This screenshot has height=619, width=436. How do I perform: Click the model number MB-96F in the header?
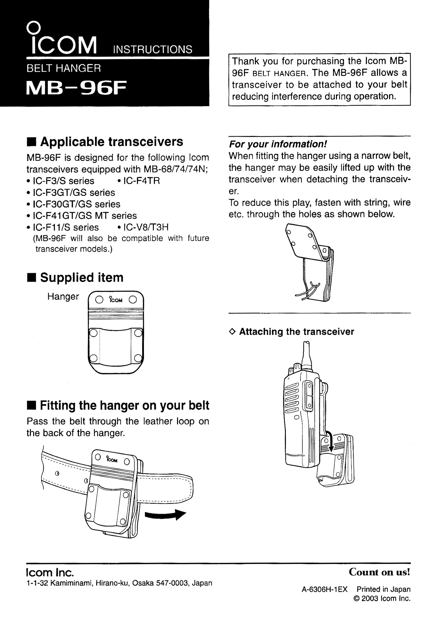(x=76, y=88)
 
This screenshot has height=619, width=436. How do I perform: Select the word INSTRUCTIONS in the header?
(x=152, y=50)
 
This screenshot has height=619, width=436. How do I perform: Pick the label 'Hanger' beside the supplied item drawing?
(x=63, y=297)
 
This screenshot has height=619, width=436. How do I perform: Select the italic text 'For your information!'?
(x=278, y=144)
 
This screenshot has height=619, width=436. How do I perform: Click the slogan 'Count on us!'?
(x=379, y=572)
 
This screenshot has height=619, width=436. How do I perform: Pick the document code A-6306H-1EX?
(x=325, y=589)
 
